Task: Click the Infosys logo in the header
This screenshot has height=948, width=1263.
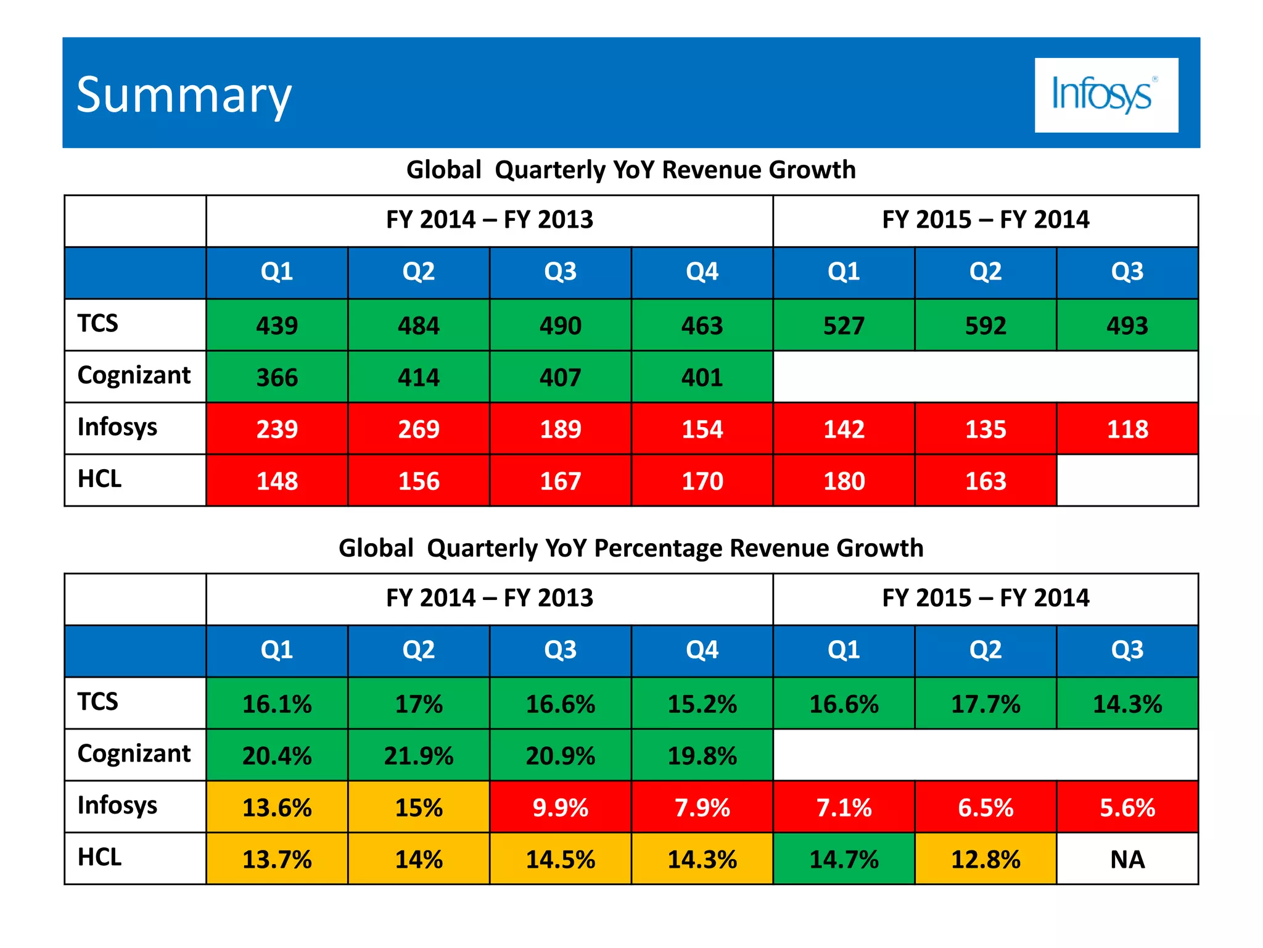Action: (x=1106, y=95)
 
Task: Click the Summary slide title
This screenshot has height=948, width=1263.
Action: (x=184, y=96)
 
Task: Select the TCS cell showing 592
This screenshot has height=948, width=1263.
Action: (x=985, y=325)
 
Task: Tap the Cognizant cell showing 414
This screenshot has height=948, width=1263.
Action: (x=419, y=377)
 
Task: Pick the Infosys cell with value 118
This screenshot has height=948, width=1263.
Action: (x=1127, y=429)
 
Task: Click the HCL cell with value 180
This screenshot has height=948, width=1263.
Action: (x=844, y=481)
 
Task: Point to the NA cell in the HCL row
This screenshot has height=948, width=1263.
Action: (x=1127, y=859)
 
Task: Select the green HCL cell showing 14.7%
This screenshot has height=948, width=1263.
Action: (x=844, y=859)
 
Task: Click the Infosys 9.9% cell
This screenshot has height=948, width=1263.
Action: (x=560, y=807)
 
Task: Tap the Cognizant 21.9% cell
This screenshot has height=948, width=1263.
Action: (x=419, y=755)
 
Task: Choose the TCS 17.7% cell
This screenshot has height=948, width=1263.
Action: (x=985, y=704)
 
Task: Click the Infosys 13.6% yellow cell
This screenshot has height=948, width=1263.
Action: (x=277, y=807)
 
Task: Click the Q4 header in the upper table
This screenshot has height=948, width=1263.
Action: (x=702, y=272)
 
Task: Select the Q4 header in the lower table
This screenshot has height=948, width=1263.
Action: (x=702, y=651)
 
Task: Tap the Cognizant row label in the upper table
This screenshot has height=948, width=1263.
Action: (x=134, y=376)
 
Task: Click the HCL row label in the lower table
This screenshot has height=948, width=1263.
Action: (x=100, y=858)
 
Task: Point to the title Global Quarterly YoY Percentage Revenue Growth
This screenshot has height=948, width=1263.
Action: (x=631, y=548)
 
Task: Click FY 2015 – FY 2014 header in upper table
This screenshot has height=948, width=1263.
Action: (x=985, y=220)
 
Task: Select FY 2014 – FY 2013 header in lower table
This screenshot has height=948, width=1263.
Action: (x=489, y=598)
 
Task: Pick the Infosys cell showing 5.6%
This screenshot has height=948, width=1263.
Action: (x=1127, y=807)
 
